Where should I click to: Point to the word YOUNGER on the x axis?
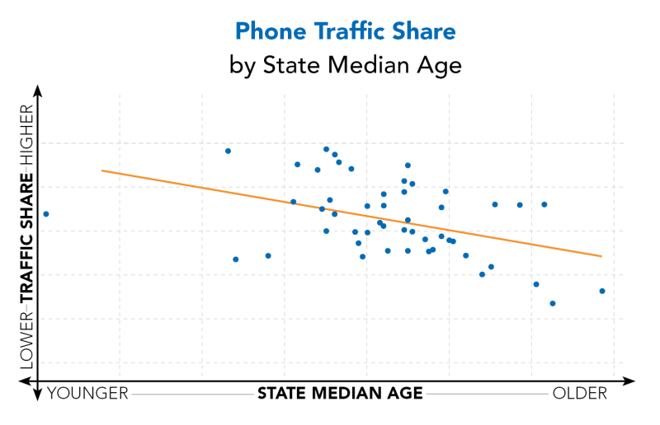click(88, 394)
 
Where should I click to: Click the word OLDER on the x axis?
click(579, 394)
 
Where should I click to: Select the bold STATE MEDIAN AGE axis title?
click(340, 394)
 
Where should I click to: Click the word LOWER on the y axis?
click(26, 336)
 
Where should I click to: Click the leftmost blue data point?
click(46, 214)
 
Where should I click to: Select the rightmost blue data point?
click(602, 291)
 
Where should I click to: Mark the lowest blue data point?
click(553, 303)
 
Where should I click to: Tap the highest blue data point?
click(326, 150)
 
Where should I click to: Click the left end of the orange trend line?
click(102, 170)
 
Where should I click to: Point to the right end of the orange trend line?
click(601, 256)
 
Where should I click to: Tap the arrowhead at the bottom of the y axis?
click(37, 396)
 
